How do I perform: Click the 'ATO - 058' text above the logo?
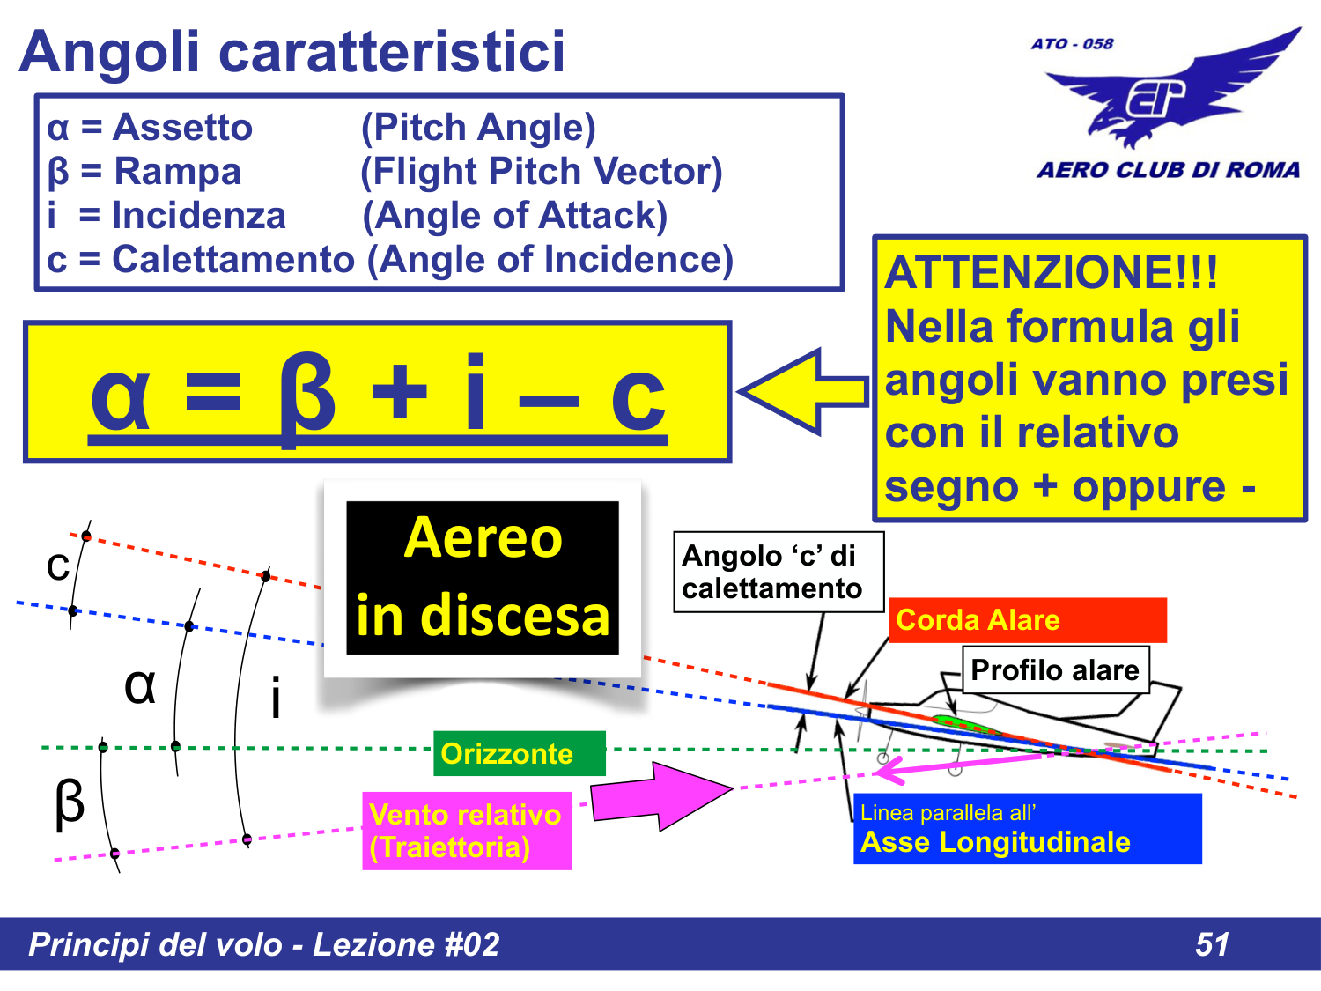[1072, 43]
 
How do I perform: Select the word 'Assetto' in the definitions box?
[182, 128]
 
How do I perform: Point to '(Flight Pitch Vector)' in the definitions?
[541, 172]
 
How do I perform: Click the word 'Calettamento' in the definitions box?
[232, 260]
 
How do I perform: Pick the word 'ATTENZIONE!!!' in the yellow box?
[1051, 272]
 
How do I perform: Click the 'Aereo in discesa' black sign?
[483, 578]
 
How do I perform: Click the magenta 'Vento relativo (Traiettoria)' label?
[466, 831]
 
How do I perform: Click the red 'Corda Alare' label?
[1027, 620]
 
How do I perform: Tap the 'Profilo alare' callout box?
[1054, 670]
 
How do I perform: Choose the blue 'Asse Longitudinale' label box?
[1027, 829]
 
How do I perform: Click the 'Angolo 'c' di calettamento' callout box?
[778, 572]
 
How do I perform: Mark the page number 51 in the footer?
[1212, 944]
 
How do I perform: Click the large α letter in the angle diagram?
[140, 684]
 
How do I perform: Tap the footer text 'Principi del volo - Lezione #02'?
[263, 944]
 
